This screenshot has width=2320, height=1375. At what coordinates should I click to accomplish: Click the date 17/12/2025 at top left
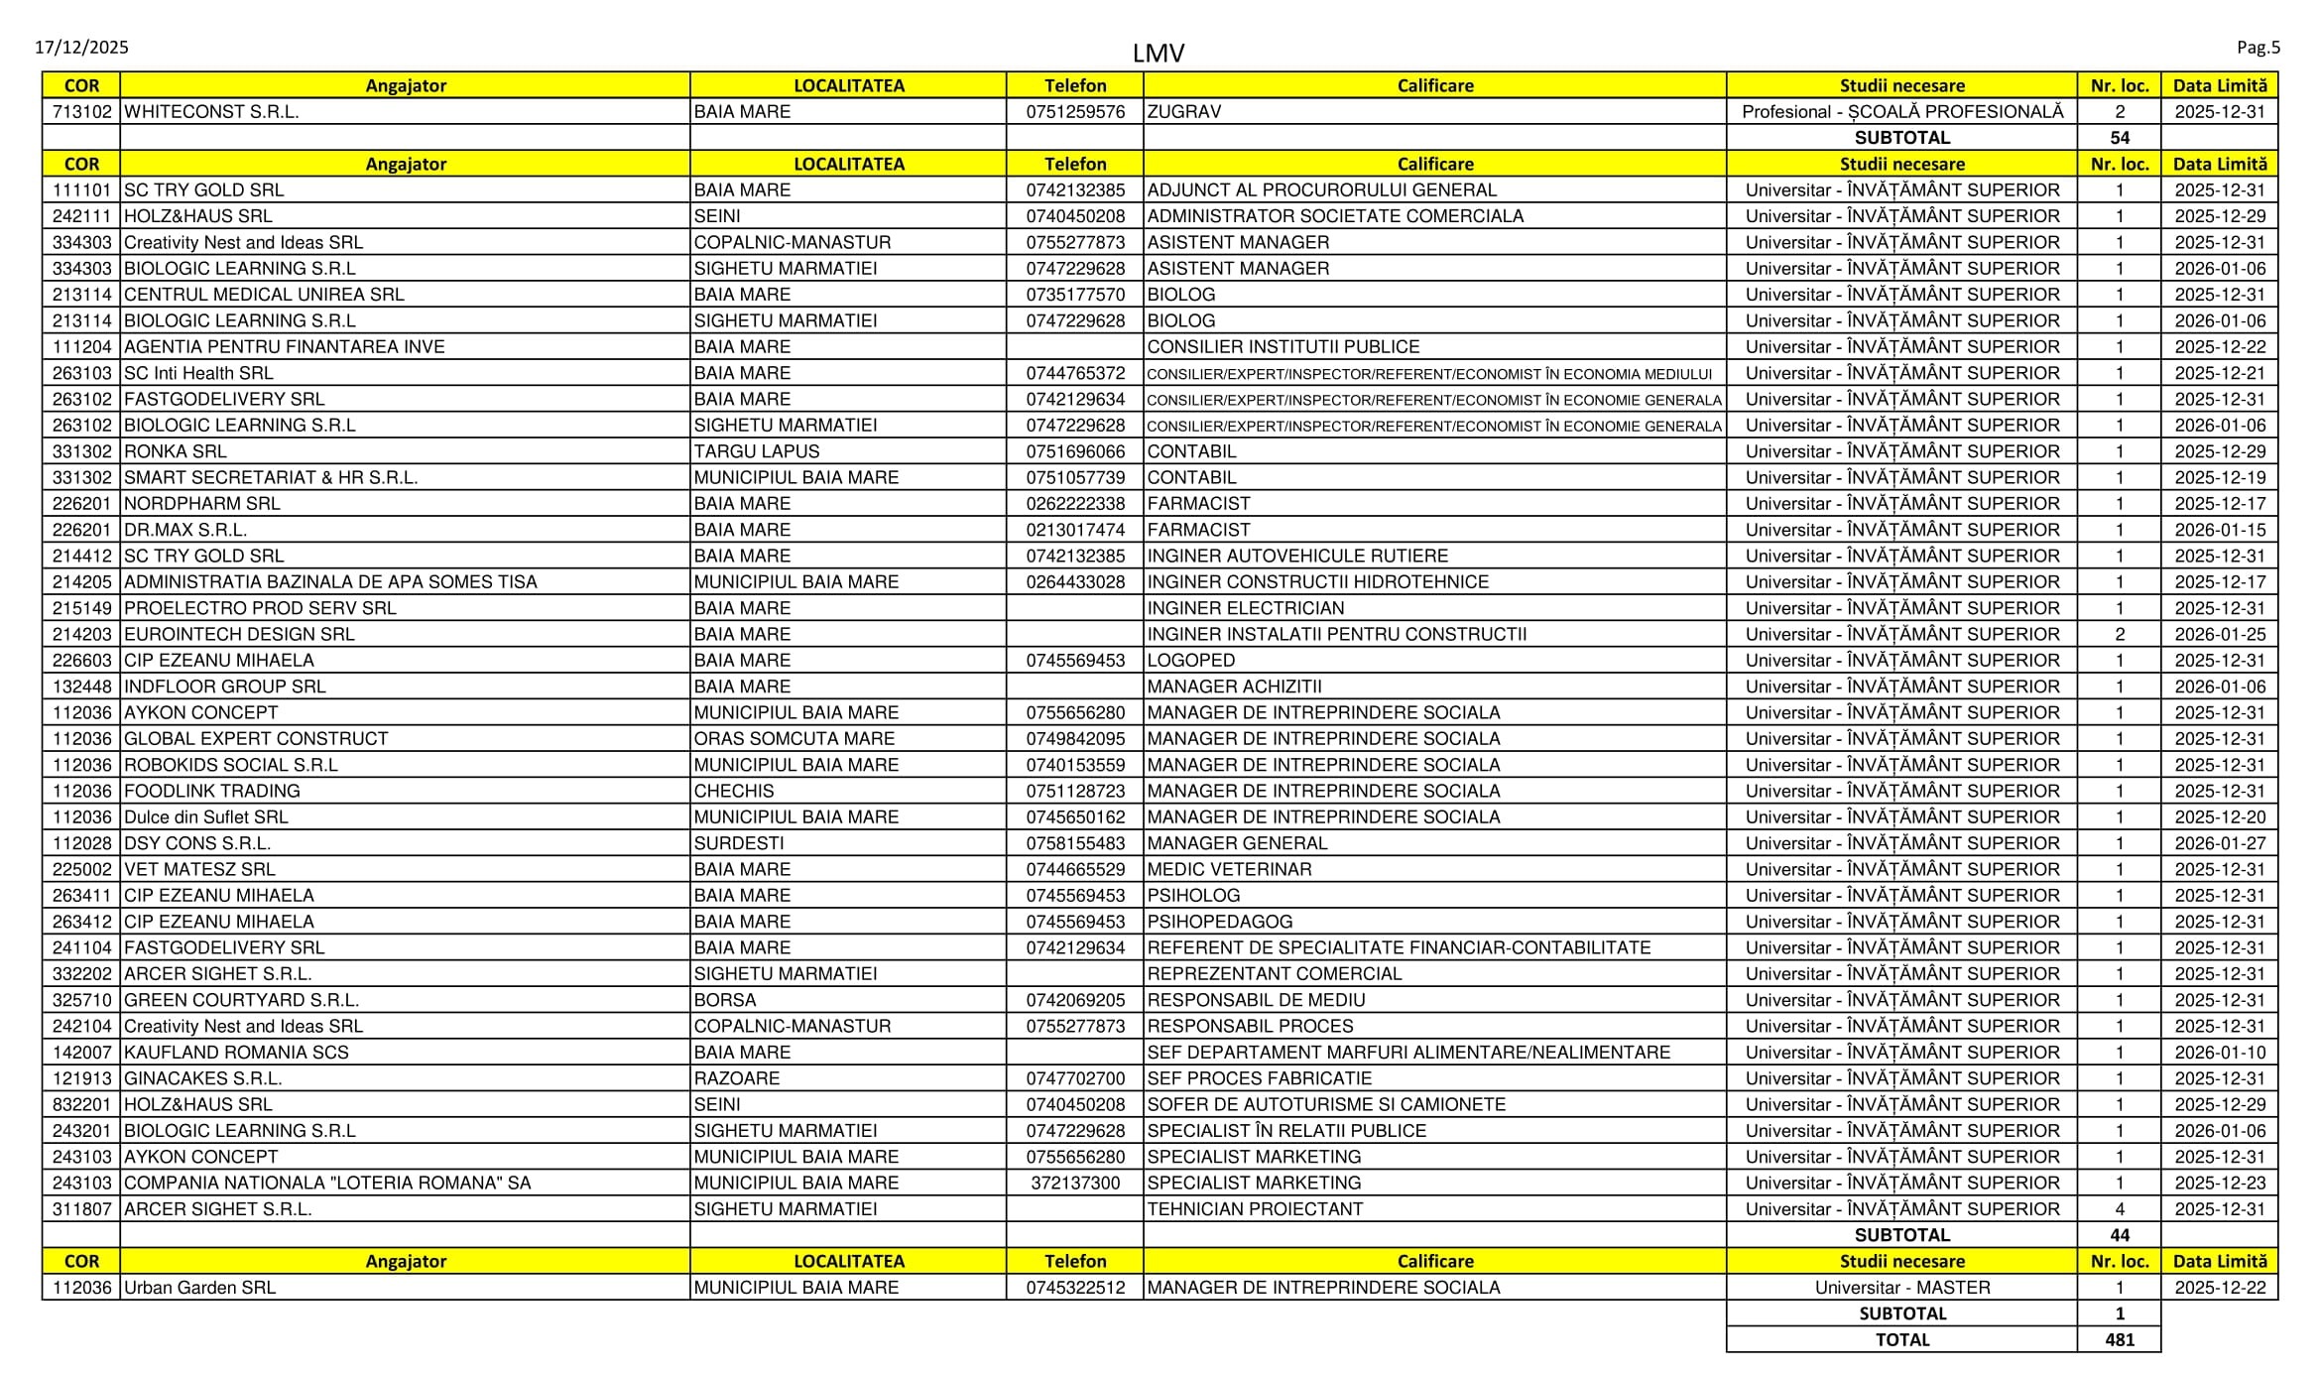(x=81, y=48)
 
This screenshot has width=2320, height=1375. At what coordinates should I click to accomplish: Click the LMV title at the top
(x=1158, y=54)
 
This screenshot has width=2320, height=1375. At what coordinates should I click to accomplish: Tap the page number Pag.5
(x=2258, y=48)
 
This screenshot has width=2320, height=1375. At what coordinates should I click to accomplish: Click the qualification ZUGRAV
(x=1184, y=112)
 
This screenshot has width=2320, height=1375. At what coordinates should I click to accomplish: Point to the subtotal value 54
(x=2119, y=138)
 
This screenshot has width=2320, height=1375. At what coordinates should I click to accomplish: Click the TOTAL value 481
(x=2119, y=1339)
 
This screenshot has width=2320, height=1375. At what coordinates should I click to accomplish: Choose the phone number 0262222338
(x=1075, y=504)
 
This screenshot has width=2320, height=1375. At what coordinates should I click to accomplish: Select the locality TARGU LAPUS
(x=757, y=451)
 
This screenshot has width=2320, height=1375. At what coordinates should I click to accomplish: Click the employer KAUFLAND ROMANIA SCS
(x=236, y=1053)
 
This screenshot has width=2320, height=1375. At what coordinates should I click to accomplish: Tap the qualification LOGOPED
(x=1191, y=661)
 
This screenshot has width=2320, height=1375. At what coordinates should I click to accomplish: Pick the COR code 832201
(x=81, y=1105)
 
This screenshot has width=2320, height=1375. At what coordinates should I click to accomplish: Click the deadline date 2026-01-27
(x=2220, y=843)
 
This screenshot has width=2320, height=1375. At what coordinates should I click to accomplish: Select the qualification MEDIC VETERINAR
(x=1229, y=870)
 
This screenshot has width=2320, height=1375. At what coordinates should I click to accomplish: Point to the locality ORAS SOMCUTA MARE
(x=794, y=739)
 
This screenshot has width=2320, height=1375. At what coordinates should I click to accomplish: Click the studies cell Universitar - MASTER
(x=1901, y=1288)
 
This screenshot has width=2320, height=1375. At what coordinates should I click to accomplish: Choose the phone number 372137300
(x=1075, y=1184)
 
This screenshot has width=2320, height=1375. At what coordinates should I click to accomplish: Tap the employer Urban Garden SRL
(x=199, y=1288)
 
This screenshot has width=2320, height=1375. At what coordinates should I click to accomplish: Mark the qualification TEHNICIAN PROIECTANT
(x=1255, y=1209)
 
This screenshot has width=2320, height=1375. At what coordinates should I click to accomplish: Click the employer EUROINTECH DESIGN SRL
(x=239, y=635)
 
